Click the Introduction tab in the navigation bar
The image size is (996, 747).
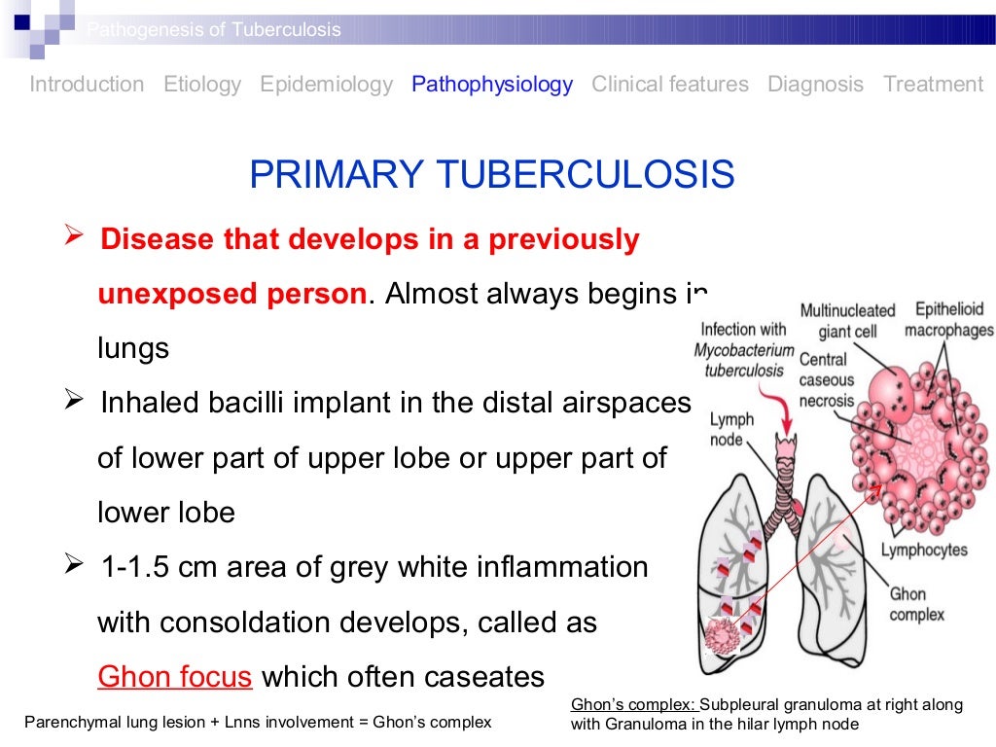click(x=87, y=85)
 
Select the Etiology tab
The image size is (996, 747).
click(x=202, y=85)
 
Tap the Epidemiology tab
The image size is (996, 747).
click(x=326, y=85)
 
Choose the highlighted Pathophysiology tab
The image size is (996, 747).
click(x=492, y=85)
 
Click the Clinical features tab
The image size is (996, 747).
click(x=670, y=85)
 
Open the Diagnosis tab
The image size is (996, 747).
click(x=815, y=85)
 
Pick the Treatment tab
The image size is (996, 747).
click(x=933, y=85)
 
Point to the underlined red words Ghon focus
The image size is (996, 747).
click(x=175, y=676)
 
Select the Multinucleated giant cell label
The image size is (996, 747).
click(x=847, y=321)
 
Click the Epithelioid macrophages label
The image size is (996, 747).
click(x=948, y=320)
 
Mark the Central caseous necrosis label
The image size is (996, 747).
click(x=826, y=380)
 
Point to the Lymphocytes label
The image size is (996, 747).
click(x=924, y=550)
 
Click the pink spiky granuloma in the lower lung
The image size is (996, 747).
click(x=725, y=638)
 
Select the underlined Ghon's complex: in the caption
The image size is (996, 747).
click(x=633, y=704)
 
